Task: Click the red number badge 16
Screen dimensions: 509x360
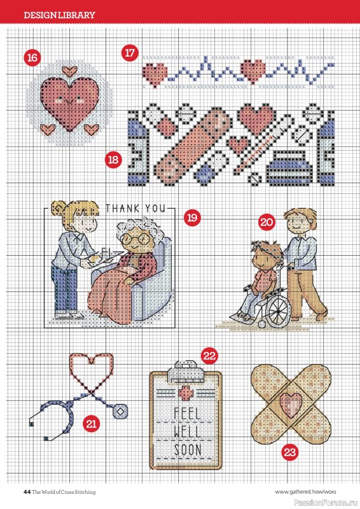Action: tap(32, 57)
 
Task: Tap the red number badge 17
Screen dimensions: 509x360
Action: tap(130, 52)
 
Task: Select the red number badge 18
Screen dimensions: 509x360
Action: tap(114, 160)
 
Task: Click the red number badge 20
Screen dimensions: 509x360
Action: tap(267, 222)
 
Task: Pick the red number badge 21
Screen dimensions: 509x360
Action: tap(92, 422)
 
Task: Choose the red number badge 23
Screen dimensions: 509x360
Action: tap(290, 453)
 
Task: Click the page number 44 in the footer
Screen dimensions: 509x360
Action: tap(27, 491)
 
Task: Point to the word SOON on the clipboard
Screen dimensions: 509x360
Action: tap(188, 450)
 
